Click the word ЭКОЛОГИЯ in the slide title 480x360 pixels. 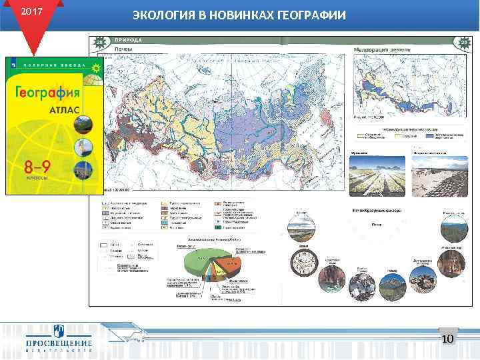164,15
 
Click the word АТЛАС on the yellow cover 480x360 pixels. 64,109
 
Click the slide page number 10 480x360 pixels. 447,339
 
